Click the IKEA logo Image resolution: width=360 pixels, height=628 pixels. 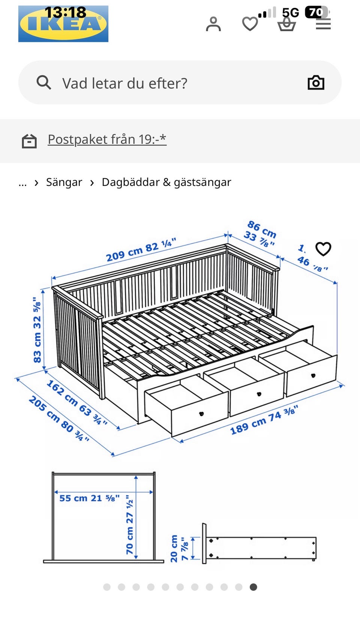[63, 24]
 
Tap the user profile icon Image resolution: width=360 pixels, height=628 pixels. [213, 24]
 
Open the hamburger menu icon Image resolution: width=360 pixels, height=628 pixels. [323, 25]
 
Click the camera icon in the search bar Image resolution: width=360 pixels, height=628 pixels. [316, 82]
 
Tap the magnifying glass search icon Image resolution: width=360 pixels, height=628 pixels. [44, 82]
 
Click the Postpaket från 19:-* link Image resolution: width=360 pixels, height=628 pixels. [107, 139]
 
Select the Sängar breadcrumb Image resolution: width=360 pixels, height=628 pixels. [64, 182]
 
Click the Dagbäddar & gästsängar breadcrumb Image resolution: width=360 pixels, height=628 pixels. [166, 182]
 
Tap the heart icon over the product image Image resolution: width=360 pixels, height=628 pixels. [323, 249]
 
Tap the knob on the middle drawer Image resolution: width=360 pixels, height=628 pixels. [259, 394]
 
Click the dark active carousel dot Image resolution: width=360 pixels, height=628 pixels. [253, 587]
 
